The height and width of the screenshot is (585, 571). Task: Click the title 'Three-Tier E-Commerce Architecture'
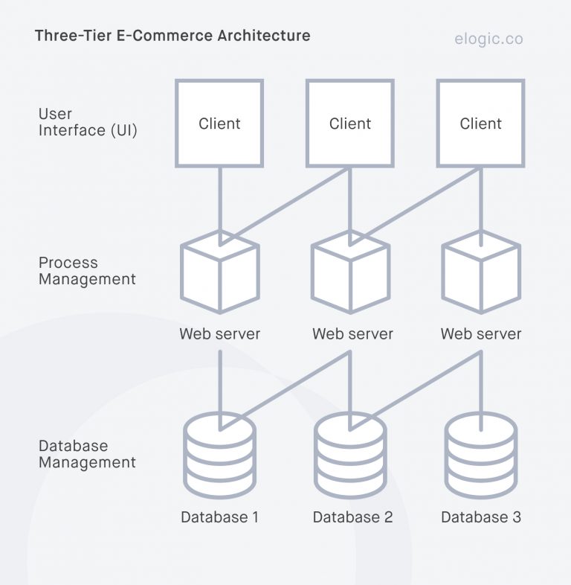(172, 36)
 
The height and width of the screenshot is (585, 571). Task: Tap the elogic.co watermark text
(488, 38)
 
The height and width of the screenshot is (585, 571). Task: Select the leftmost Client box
(219, 124)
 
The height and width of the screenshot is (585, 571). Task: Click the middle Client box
(350, 124)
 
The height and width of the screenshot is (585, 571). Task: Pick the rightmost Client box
(480, 124)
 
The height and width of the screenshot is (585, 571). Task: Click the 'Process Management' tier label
(87, 272)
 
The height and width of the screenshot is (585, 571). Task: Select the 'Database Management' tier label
(87, 454)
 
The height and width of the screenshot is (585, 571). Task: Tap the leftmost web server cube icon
(219, 272)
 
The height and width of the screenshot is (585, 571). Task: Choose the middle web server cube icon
(350, 272)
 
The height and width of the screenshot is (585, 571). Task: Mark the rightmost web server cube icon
(480, 272)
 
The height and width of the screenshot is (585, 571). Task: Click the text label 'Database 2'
(352, 517)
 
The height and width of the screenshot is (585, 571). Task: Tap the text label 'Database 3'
(481, 517)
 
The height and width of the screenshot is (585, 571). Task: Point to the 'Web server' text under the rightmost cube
(481, 333)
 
